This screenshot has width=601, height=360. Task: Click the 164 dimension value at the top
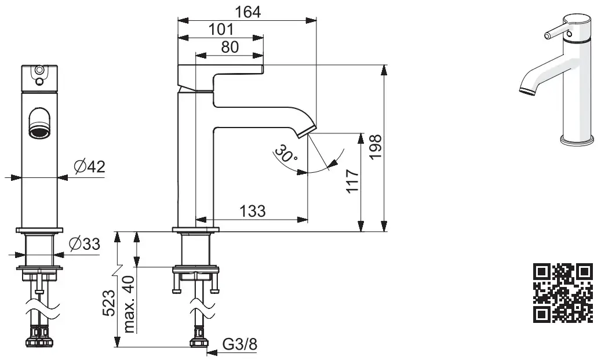coord(248,11)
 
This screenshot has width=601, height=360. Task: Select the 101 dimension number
coord(220,29)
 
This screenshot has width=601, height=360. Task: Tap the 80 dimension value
coord(230,47)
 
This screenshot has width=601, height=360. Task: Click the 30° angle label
coord(286,154)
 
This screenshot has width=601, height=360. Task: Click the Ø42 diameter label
coord(89,167)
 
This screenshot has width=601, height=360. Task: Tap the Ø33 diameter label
coord(84,245)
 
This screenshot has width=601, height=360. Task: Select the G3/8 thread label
coord(240,344)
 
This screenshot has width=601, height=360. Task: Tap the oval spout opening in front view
coord(40,123)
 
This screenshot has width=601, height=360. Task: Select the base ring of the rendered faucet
coord(577,140)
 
